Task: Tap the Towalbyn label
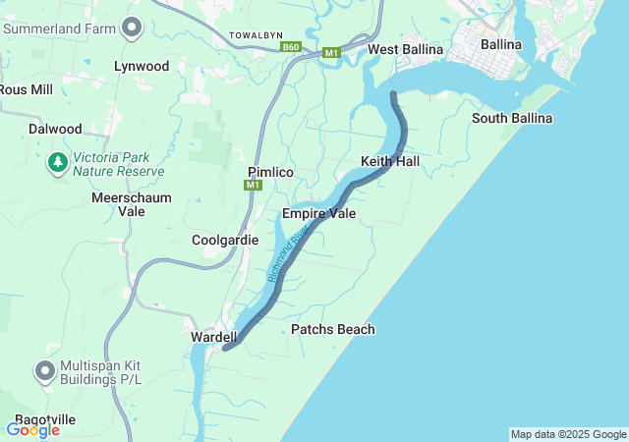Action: pyautogui.click(x=256, y=35)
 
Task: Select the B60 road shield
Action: pyautogui.click(x=290, y=46)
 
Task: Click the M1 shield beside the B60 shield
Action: pyautogui.click(x=331, y=52)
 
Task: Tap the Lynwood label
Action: pyautogui.click(x=142, y=66)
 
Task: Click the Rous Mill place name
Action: pyautogui.click(x=27, y=89)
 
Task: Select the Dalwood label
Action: pyautogui.click(x=55, y=129)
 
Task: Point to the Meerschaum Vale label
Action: pyautogui.click(x=132, y=204)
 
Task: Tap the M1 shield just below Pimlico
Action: pyautogui.click(x=255, y=186)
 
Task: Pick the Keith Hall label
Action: pyautogui.click(x=390, y=160)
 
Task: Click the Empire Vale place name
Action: pyautogui.click(x=318, y=213)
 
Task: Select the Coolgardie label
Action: pyautogui.click(x=225, y=240)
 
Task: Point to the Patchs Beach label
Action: pyautogui.click(x=333, y=329)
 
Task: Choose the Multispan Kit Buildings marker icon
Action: pyautogui.click(x=45, y=371)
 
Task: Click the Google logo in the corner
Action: pyautogui.click(x=32, y=429)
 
